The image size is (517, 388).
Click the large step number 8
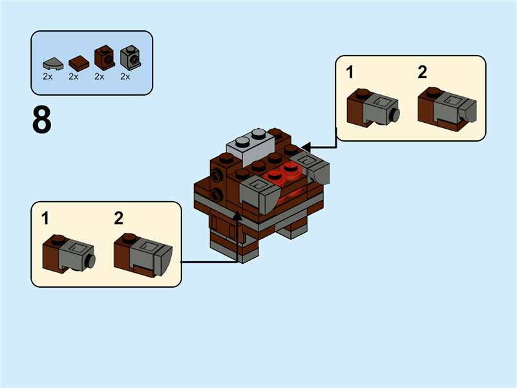click(x=41, y=120)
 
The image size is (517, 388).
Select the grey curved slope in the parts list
click(x=52, y=63)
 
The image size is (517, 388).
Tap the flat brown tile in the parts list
click(x=78, y=62)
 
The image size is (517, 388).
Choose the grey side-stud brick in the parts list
click(x=130, y=58)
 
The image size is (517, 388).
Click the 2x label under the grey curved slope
click(x=48, y=77)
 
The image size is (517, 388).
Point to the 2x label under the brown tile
click(x=74, y=77)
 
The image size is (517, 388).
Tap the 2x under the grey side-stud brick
click(x=125, y=77)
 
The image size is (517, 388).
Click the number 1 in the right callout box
click(x=350, y=72)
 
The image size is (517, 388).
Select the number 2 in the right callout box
click(x=423, y=72)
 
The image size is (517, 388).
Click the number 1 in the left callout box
click(x=45, y=219)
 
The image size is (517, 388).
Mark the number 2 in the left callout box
click(x=118, y=219)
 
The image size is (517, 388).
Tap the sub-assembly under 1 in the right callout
click(x=373, y=107)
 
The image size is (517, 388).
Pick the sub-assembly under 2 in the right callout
click(x=447, y=107)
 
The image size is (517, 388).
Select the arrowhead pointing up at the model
click(x=237, y=215)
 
